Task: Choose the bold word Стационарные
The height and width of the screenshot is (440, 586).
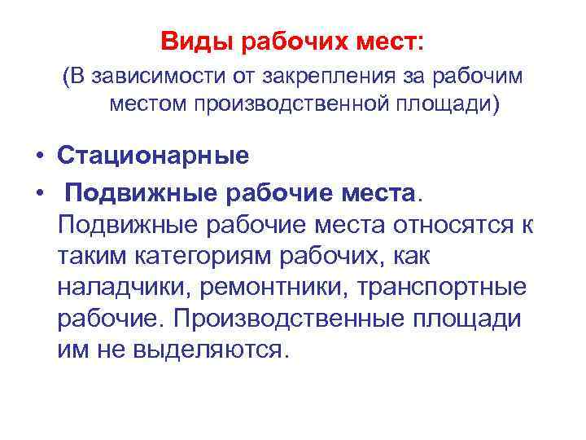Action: coord(154,154)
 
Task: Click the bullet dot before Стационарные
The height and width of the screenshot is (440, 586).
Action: coord(37,155)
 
